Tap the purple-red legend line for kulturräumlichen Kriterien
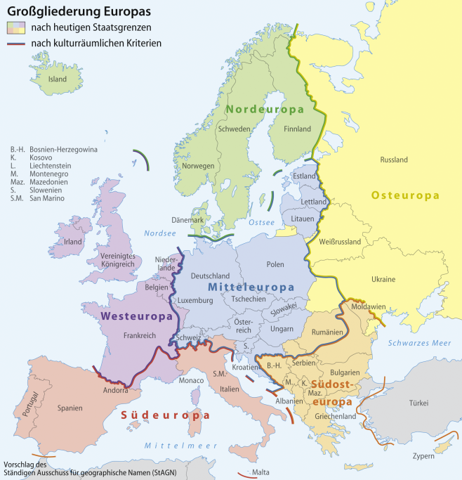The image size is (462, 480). click(x=17, y=44)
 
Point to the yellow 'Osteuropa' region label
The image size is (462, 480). click(x=405, y=195)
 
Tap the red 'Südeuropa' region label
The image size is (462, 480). click(x=165, y=415)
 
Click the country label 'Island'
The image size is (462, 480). click(x=57, y=79)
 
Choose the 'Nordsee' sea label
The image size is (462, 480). click(x=159, y=233)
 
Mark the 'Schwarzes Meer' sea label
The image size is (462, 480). click(x=419, y=343)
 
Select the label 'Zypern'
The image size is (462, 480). click(x=423, y=455)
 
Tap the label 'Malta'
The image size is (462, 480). click(x=260, y=472)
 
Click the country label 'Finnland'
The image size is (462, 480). click(x=296, y=129)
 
